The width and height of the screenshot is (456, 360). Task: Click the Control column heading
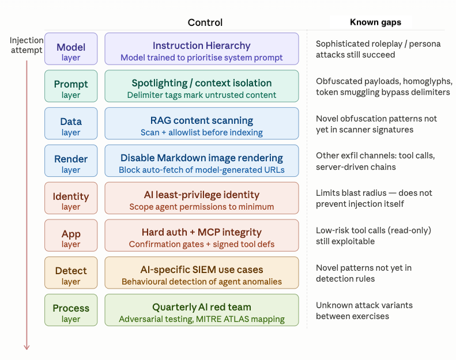point(205,22)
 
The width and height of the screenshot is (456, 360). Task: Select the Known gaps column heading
point(375,22)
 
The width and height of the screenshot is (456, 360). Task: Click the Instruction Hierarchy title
point(201,46)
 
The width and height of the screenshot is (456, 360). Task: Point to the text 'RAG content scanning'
point(201,120)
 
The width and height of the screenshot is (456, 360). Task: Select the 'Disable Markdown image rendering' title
point(201,158)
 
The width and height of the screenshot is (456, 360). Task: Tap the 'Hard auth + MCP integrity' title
point(201,232)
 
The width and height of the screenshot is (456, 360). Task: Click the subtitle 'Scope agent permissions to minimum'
point(201,207)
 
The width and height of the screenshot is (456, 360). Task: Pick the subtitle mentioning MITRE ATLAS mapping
point(201,319)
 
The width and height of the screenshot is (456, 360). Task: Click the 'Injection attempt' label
point(27,45)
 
